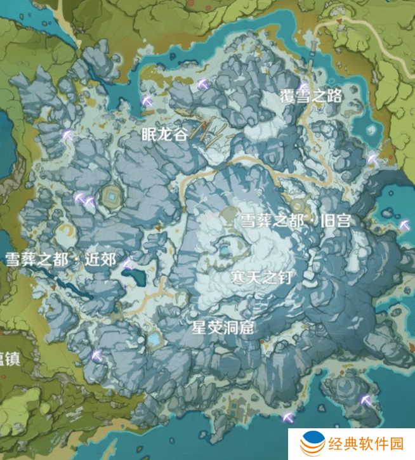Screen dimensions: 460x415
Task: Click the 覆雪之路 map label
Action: tap(311, 96)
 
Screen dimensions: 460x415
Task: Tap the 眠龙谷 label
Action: tap(164, 133)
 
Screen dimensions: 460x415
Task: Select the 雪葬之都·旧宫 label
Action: tap(295, 220)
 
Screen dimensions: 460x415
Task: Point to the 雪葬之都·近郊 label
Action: tap(60, 259)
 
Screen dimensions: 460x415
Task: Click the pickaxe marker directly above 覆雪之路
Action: tap(304, 88)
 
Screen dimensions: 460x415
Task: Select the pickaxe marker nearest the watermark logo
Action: tap(289, 418)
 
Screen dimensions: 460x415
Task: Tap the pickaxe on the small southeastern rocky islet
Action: tap(366, 400)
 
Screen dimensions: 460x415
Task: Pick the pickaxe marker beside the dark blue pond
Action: tap(128, 265)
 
